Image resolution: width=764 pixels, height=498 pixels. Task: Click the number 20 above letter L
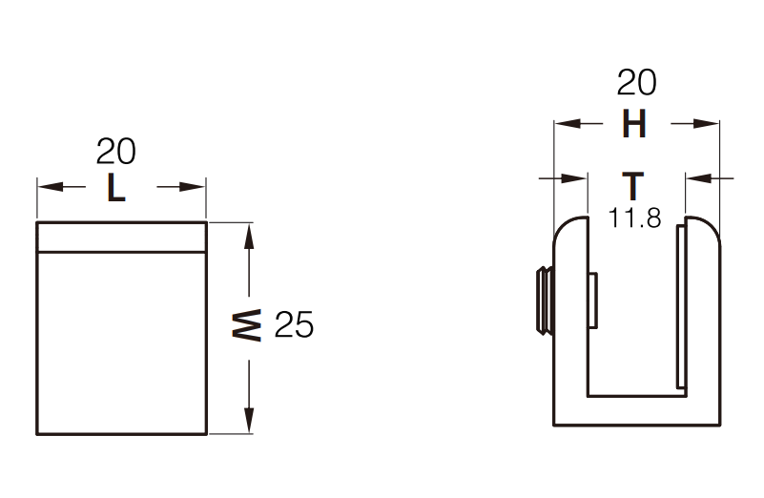116,151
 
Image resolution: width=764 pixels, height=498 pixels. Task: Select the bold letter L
115,188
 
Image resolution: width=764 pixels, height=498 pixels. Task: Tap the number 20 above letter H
636,84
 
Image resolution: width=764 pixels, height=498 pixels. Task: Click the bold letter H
635,124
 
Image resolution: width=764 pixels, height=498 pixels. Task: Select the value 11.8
635,218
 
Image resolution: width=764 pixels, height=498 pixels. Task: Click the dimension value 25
294,326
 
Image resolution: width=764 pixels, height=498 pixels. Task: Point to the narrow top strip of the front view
121,236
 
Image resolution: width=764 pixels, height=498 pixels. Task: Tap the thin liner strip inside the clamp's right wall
681,307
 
